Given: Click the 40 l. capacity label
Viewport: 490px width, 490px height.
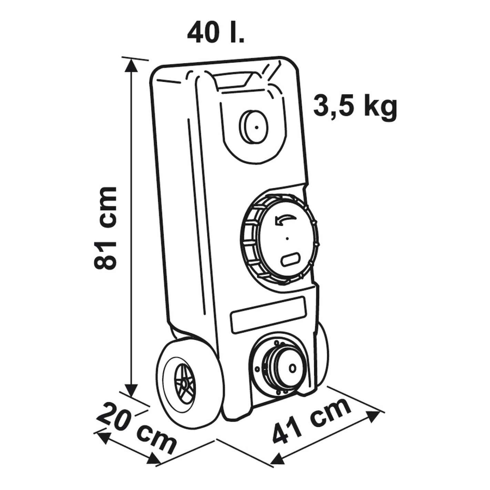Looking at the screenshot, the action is [216, 33].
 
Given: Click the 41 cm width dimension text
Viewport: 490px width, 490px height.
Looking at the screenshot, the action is [312, 417].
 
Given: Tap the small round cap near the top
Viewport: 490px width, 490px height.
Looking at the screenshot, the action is [254, 126].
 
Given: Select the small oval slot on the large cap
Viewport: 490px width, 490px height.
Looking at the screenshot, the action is [290, 259].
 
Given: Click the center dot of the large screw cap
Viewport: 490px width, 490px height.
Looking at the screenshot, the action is [287, 238].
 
